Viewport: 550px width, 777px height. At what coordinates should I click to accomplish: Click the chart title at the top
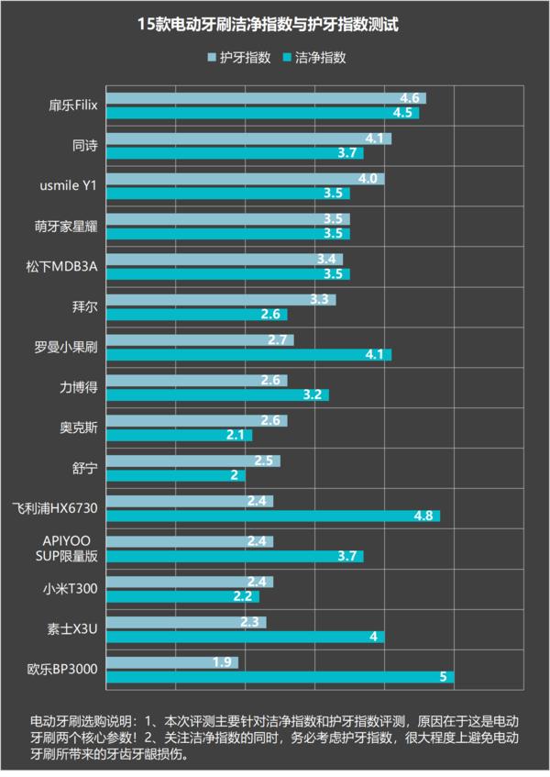coord(275,25)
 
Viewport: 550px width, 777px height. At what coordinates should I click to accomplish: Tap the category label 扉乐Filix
coord(73,105)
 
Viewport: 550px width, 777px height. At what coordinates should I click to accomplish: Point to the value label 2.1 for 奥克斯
coord(234,435)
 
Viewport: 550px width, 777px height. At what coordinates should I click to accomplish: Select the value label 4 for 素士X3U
coord(374,637)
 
